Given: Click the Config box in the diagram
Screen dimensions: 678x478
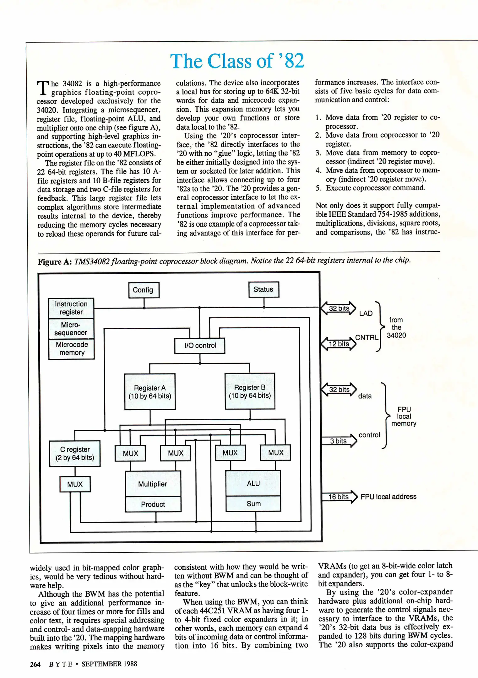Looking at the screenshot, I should pyautogui.click(x=144, y=290).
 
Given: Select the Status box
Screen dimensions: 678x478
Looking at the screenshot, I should pyautogui.click(x=263, y=289).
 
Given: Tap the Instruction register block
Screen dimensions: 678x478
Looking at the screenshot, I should pyautogui.click(x=71, y=308).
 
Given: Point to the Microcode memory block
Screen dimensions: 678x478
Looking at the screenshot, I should pyautogui.click(x=72, y=349).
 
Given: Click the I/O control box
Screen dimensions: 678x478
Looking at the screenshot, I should pyautogui.click(x=200, y=346).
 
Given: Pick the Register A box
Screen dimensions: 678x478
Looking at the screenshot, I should pyautogui.click(x=150, y=392).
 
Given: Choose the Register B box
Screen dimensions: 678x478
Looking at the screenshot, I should pyautogui.click(x=250, y=391).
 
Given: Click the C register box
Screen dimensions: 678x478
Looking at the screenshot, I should pyautogui.click(x=75, y=454).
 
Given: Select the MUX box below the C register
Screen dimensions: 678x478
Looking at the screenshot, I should pyautogui.click(x=75, y=484).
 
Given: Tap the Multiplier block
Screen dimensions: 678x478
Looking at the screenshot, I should pyautogui.click(x=153, y=484).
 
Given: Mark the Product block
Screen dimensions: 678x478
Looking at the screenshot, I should pyautogui.click(x=153, y=504).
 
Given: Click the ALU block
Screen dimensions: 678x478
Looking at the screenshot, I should pyautogui.click(x=253, y=483).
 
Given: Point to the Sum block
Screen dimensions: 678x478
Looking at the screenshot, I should pyautogui.click(x=253, y=503).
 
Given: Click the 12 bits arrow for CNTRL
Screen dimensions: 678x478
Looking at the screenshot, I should pyautogui.click(x=339, y=344).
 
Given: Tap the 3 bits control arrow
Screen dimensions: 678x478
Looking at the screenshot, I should pyautogui.click(x=339, y=441).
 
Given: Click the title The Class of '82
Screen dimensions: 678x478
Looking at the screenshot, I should pyautogui.click(x=237, y=61).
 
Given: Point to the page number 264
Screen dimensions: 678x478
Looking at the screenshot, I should pyautogui.click(x=35, y=664).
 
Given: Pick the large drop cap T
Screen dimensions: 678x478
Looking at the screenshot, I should pyautogui.click(x=43, y=88).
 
